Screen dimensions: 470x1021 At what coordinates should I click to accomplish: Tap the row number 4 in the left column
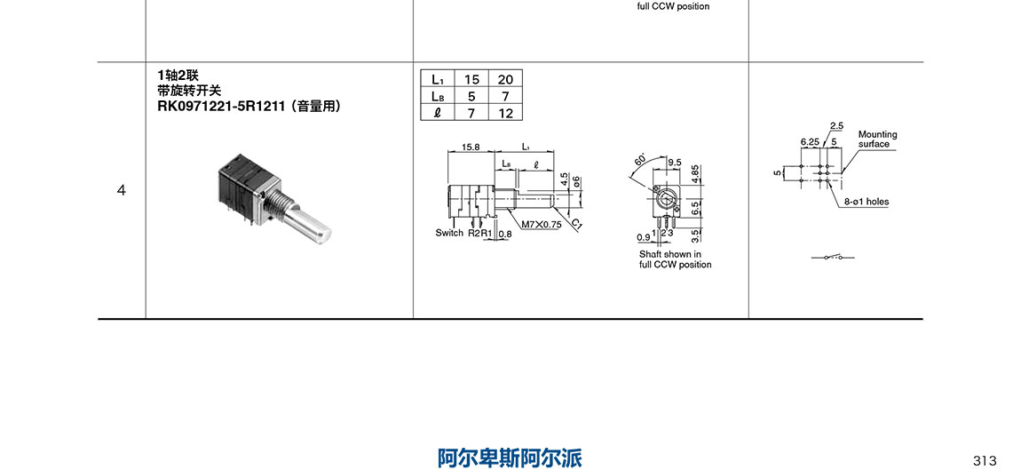(x=122, y=190)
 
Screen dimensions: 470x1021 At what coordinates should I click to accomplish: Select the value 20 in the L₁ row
(x=505, y=79)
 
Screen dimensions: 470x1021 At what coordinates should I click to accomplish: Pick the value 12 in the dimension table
(x=505, y=112)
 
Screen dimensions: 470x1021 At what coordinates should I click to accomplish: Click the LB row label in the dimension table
(x=438, y=96)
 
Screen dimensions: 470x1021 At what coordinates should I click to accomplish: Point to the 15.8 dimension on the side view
(x=471, y=147)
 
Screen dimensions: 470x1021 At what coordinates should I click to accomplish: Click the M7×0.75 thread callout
(x=541, y=224)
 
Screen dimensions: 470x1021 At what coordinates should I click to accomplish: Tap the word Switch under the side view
(x=449, y=233)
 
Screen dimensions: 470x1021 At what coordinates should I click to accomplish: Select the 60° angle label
(x=641, y=161)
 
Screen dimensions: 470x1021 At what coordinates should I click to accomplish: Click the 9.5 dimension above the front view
(x=674, y=163)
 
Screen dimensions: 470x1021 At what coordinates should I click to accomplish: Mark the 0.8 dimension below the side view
(x=505, y=234)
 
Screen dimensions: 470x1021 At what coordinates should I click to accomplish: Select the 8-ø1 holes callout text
(x=867, y=202)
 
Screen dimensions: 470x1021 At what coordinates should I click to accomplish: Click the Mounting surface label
(x=876, y=139)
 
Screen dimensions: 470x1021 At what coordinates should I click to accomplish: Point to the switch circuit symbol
(x=833, y=258)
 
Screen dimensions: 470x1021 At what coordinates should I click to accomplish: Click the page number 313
(x=984, y=460)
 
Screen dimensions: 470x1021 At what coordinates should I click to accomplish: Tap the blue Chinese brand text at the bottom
(x=510, y=458)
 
